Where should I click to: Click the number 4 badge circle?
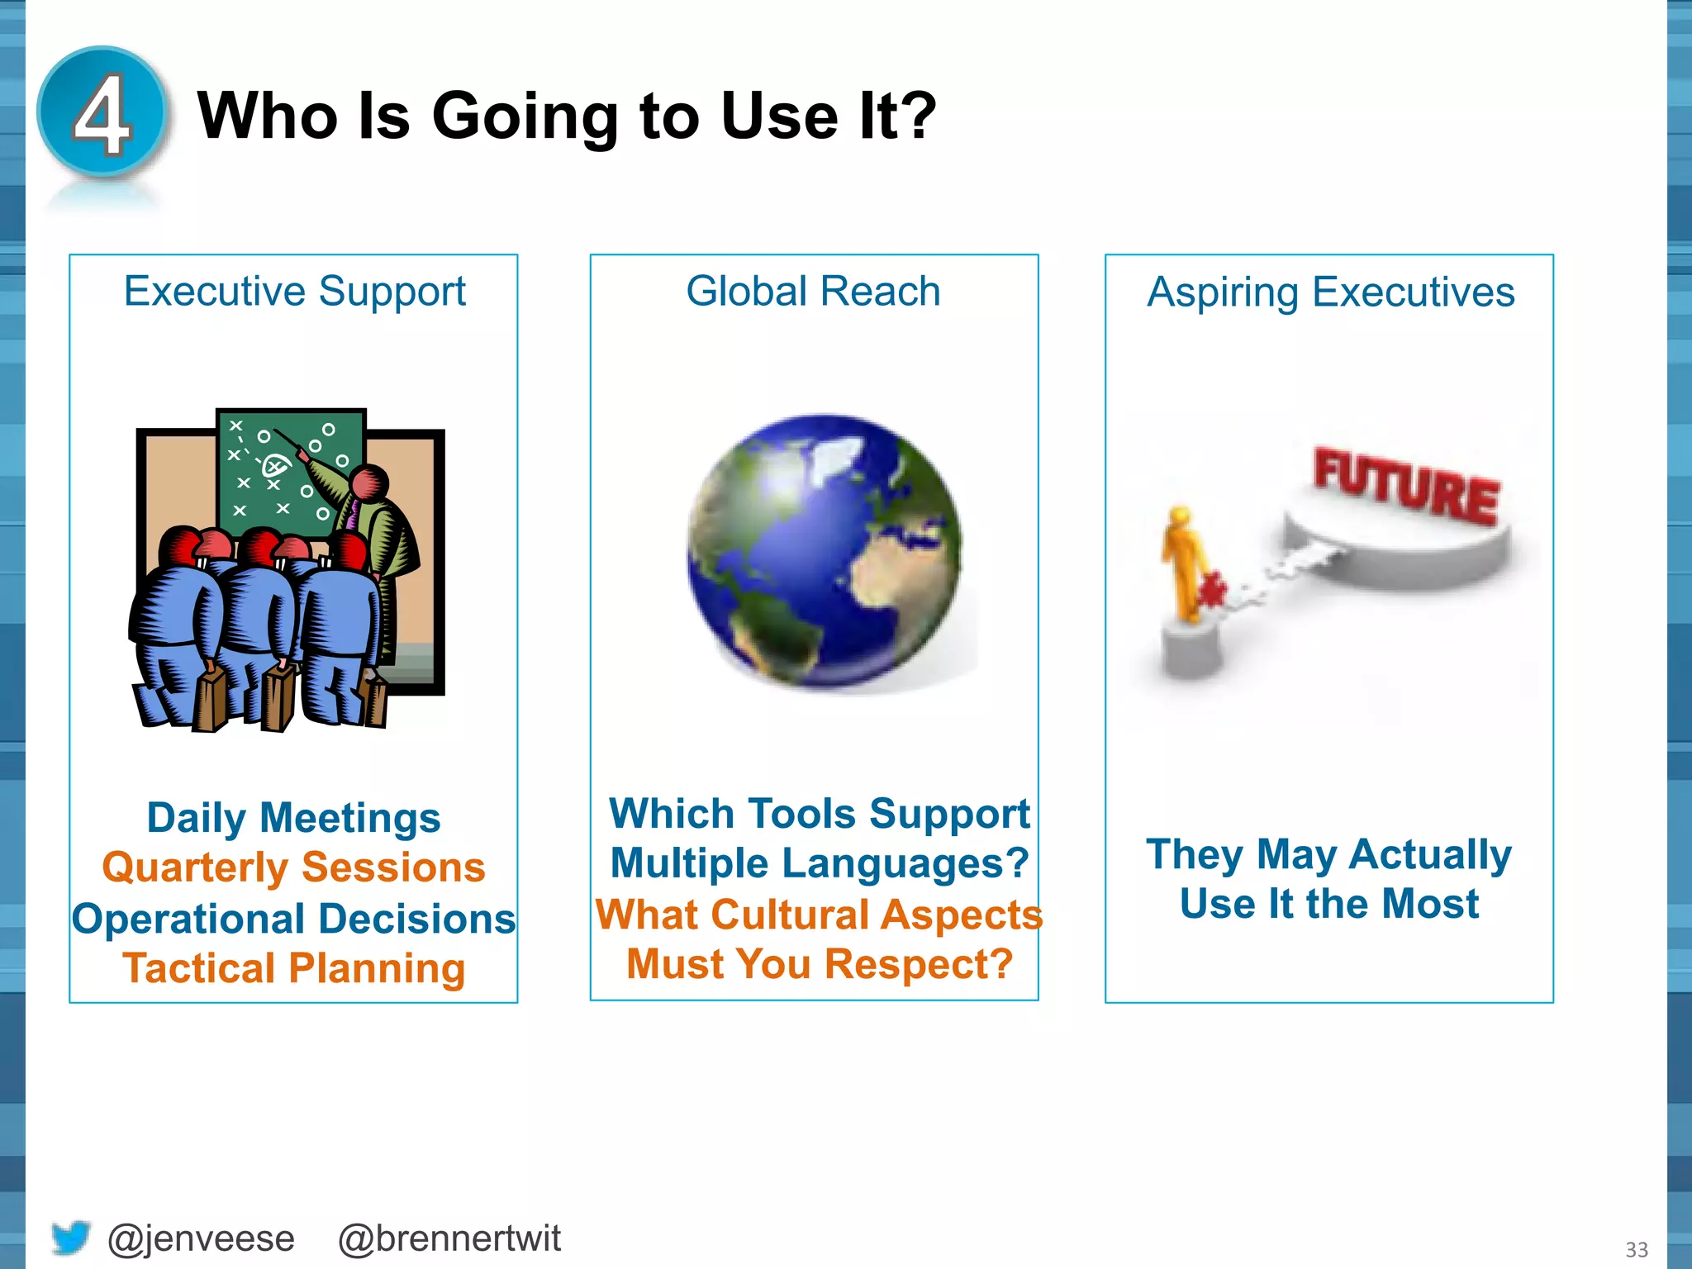102,112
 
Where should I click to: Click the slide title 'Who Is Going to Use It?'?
567,116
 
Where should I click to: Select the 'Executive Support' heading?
294,292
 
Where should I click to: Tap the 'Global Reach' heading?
813,292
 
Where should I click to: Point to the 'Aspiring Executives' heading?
1330,292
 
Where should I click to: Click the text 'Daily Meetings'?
293,818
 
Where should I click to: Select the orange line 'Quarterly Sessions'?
293,867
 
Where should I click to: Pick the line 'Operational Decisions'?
293,919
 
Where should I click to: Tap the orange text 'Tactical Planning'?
293,968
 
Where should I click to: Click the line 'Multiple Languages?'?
820,863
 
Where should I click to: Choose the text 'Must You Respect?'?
820,964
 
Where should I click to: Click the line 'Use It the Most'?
1328,904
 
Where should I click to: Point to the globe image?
825,552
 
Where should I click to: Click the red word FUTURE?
1406,486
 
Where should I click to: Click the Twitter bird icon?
70,1237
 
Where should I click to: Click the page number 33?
1636,1249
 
